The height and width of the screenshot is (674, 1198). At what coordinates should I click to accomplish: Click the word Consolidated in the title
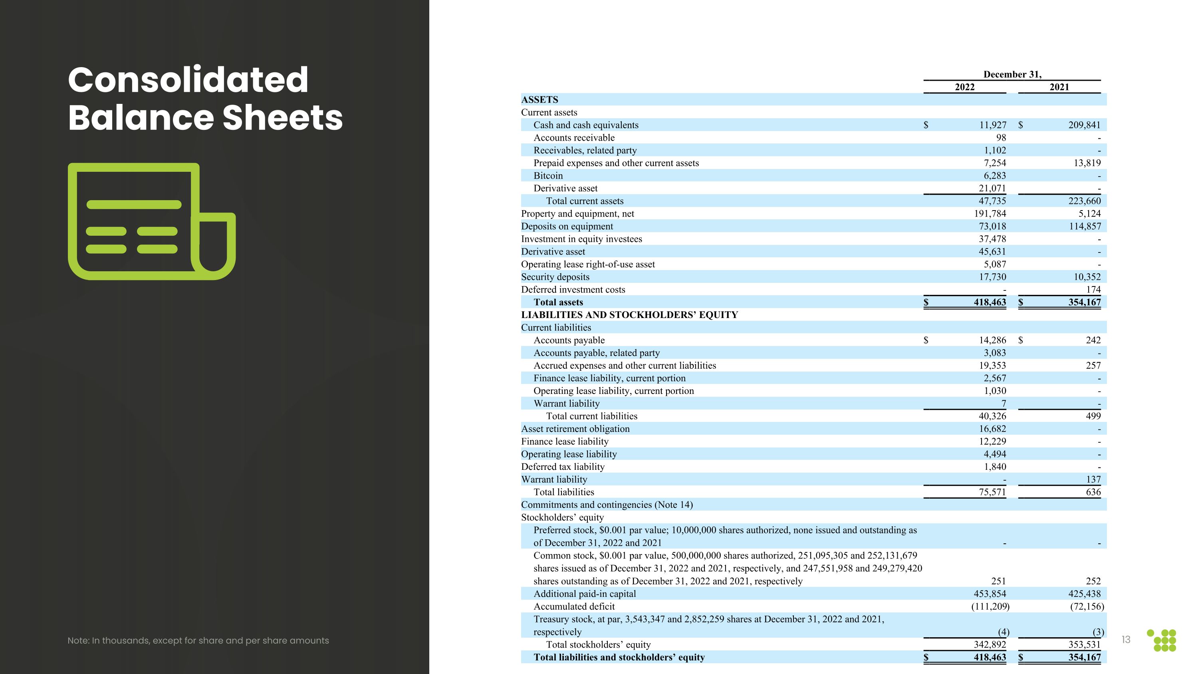coord(188,80)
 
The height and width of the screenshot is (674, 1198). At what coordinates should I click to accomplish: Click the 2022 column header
coord(964,87)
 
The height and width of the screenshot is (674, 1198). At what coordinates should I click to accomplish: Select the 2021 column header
coord(1059,87)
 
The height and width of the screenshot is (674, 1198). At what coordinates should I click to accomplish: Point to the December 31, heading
coord(1012,74)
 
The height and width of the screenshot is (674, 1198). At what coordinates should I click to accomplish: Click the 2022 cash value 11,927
coord(992,125)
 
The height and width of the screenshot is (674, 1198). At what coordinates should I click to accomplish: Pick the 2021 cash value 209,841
coord(1084,125)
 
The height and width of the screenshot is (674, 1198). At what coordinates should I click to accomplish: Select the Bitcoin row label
coord(548,176)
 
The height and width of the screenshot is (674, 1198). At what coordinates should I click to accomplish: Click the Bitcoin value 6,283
coord(994,176)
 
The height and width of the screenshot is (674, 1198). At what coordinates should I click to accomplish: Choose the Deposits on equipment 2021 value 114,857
coord(1084,227)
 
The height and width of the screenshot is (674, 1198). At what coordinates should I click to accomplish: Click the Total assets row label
coord(558,302)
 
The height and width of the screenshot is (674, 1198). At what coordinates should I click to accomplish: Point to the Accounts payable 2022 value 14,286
coord(992,340)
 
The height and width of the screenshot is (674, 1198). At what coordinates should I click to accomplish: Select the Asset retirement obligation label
coord(575,429)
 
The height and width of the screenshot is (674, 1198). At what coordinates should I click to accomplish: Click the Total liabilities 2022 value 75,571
coord(992,492)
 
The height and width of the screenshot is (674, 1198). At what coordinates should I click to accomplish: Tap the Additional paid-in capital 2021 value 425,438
coord(1084,594)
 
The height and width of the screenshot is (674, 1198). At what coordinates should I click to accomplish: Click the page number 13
coord(1125,640)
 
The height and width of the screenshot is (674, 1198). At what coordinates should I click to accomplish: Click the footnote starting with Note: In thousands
coord(198,640)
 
